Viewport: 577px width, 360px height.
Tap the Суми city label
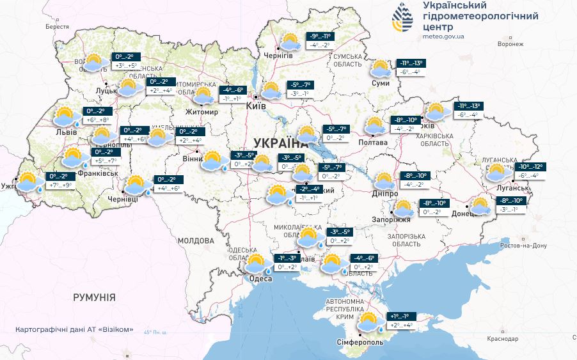381,83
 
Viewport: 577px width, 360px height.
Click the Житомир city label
201,112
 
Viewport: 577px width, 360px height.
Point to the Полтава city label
373,142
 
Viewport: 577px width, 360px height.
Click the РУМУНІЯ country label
94,297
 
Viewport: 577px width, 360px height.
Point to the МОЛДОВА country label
195,241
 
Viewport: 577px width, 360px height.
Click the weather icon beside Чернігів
291,42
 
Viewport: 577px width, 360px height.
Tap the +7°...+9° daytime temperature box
61,185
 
